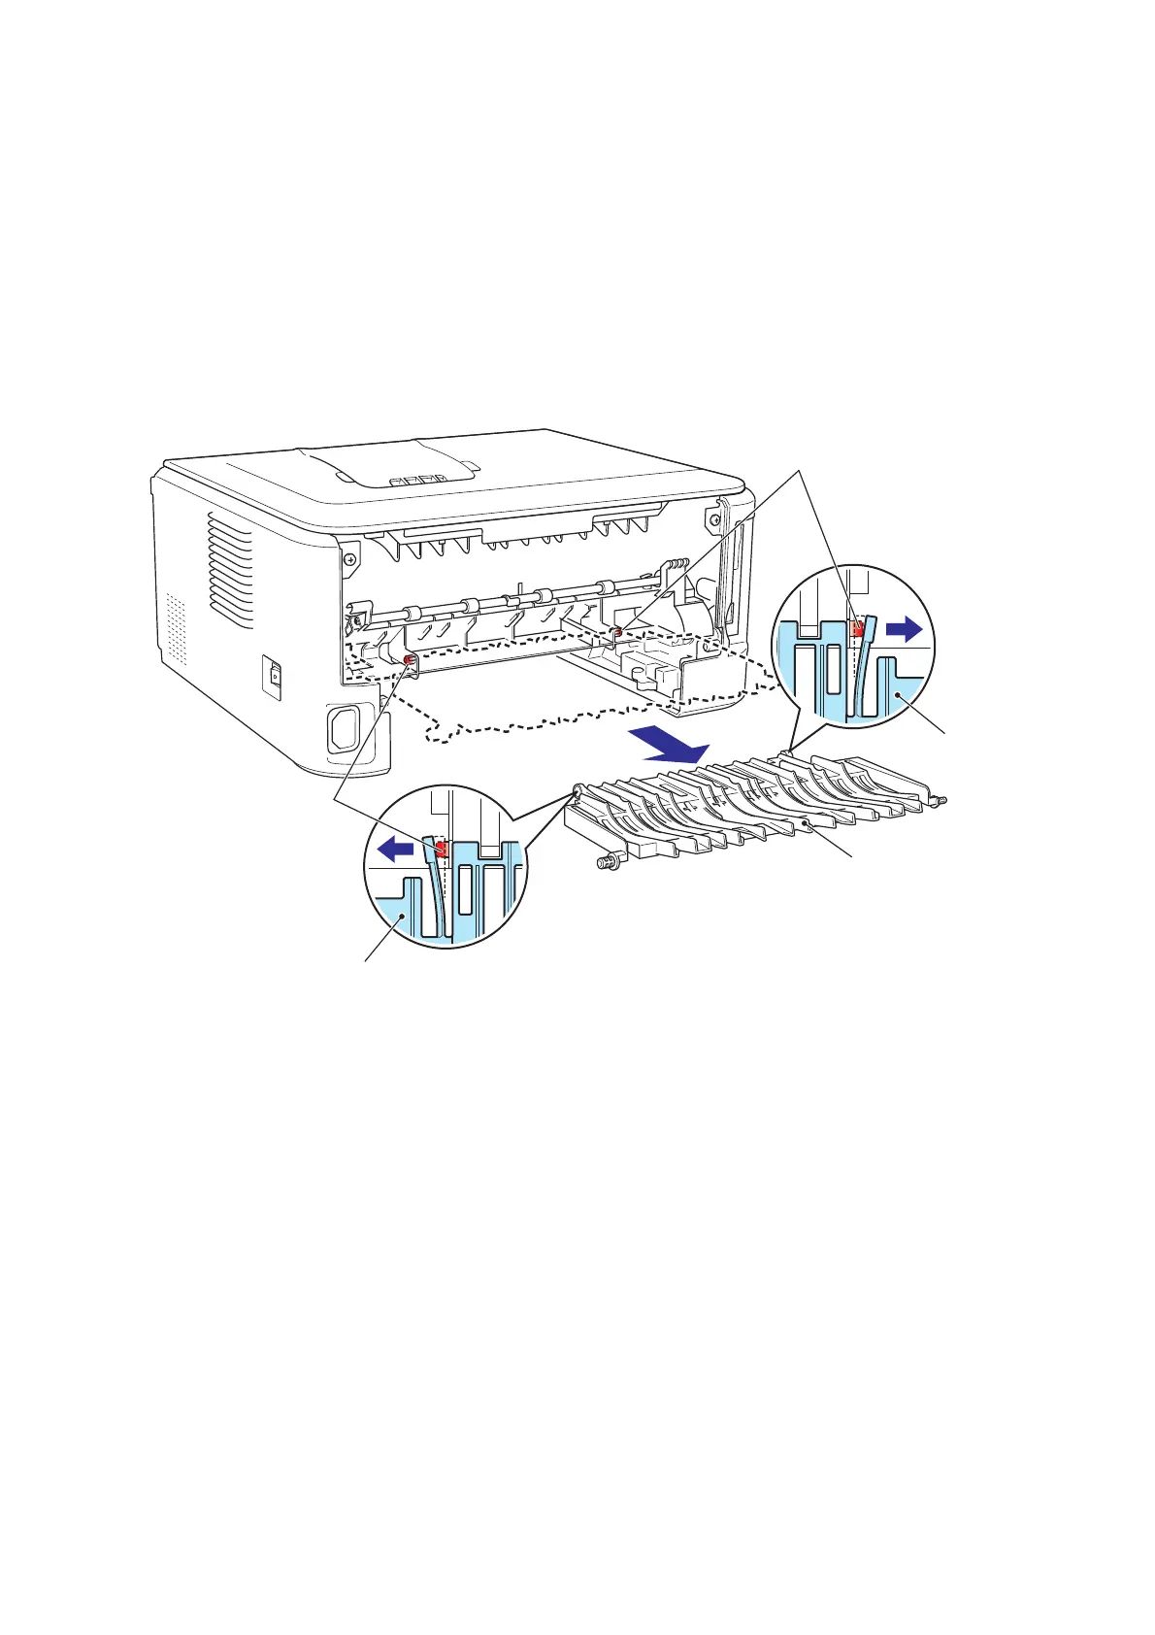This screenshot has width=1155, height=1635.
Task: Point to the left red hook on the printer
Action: click(409, 662)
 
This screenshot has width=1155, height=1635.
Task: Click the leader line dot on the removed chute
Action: click(807, 823)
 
